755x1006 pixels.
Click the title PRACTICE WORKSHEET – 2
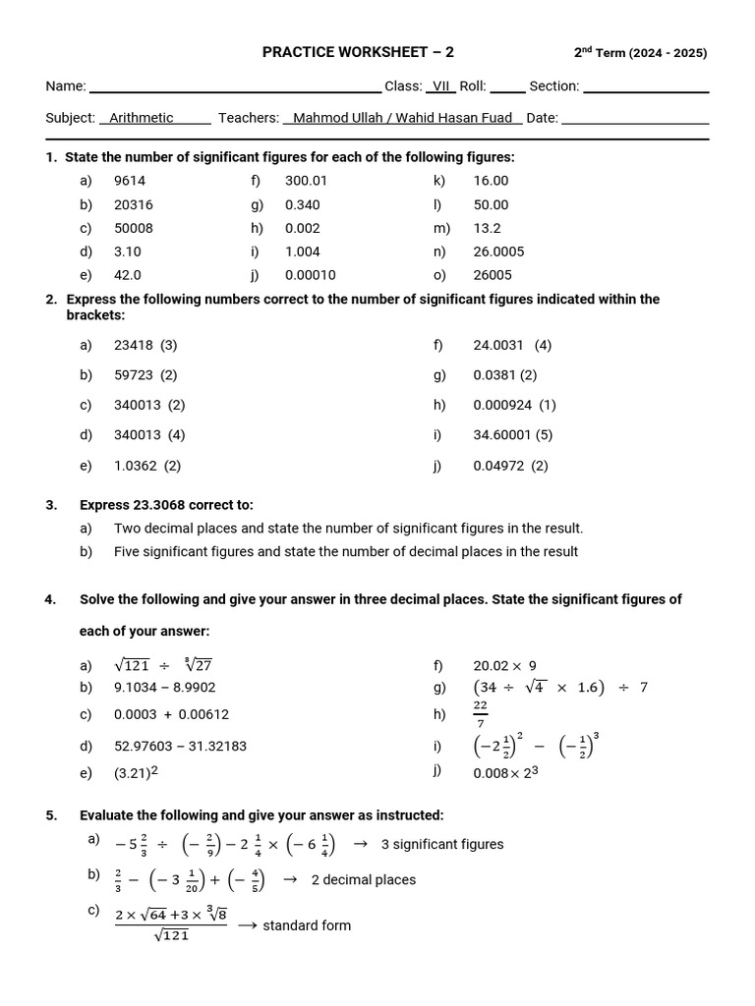(x=358, y=53)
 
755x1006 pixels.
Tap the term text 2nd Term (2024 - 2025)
(x=640, y=53)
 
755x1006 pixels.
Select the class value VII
(x=441, y=86)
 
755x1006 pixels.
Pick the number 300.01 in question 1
(x=306, y=181)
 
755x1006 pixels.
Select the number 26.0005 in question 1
(x=498, y=251)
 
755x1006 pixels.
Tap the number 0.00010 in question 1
(x=310, y=275)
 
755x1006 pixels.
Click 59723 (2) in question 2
(x=145, y=375)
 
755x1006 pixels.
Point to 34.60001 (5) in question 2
(x=512, y=434)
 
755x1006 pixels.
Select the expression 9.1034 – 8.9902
(x=164, y=688)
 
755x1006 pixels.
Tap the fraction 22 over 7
(x=480, y=714)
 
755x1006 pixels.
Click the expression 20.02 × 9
(x=504, y=666)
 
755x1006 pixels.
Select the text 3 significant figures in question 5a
(x=441, y=844)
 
